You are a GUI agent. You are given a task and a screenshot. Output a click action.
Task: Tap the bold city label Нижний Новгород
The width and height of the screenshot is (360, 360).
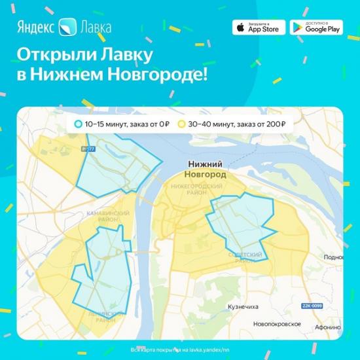coord(203,170)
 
